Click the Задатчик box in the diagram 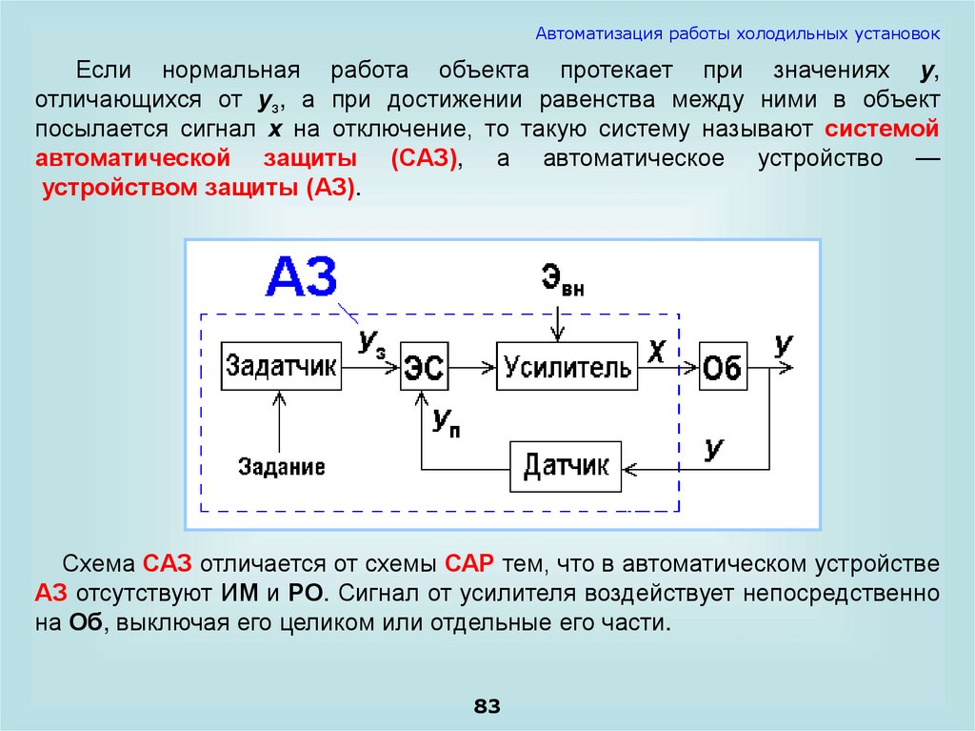click(281, 365)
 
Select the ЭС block click(425, 365)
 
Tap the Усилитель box click(567, 365)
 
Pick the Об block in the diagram click(722, 365)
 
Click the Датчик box click(566, 467)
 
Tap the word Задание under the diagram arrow click(281, 467)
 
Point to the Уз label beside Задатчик click(371, 344)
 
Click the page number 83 click(487, 706)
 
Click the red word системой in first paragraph click(883, 129)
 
